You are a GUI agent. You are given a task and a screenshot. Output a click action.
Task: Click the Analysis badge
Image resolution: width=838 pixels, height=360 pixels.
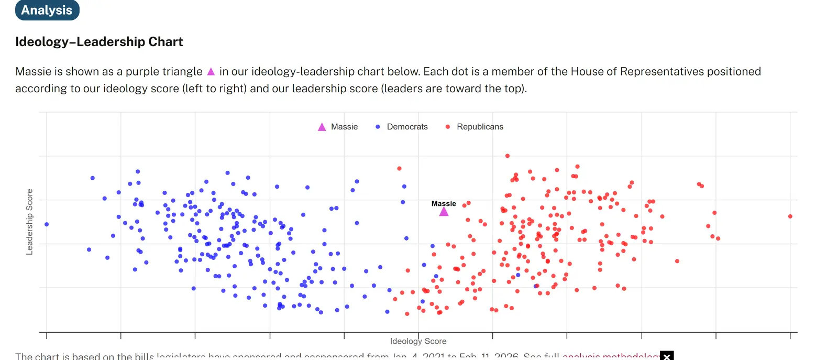47,10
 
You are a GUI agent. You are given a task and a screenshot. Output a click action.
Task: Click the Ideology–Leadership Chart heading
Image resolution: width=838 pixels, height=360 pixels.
99,42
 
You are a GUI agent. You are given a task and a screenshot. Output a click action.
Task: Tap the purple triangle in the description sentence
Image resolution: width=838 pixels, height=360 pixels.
211,72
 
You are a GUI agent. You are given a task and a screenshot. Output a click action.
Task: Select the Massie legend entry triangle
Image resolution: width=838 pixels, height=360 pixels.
322,127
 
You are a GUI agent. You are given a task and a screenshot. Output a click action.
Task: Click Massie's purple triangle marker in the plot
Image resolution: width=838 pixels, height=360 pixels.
444,212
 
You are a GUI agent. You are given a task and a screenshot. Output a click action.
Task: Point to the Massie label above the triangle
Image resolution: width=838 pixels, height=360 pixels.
444,203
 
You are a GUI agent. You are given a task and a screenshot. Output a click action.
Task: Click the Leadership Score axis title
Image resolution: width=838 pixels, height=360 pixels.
29,222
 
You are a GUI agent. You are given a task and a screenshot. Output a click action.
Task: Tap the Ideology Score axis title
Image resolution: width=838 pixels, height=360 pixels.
418,341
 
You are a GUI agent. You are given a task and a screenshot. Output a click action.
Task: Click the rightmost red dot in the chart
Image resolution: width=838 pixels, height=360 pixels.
790,216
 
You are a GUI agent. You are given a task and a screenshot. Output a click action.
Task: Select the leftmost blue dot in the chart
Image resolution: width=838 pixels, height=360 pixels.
47,224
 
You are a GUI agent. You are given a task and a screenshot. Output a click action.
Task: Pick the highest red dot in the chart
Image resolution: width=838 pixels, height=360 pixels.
507,156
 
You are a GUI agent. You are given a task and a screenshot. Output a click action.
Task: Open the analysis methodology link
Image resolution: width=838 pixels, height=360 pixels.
610,356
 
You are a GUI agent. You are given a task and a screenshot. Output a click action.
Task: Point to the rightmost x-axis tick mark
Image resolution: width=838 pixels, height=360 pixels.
790,335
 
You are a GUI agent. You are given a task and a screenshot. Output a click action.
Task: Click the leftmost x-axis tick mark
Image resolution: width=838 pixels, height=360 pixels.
47,335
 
